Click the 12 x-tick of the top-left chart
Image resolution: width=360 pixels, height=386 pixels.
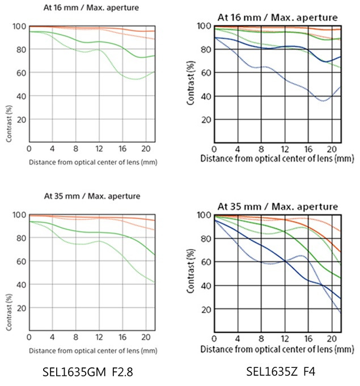(100, 149)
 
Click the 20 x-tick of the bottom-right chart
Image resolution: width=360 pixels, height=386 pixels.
(331, 339)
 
